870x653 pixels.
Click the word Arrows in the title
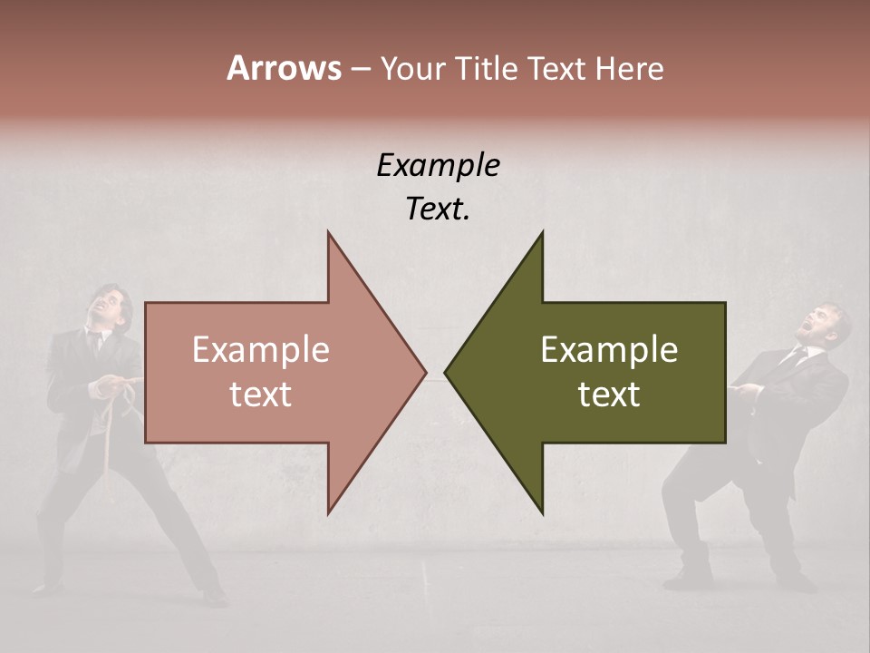click(x=284, y=68)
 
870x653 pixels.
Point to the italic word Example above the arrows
click(x=438, y=165)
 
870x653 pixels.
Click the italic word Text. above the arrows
click(x=438, y=209)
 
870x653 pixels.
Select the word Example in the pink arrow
click(x=261, y=350)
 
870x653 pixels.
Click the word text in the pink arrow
click(x=261, y=395)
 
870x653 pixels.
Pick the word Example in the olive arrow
click(x=609, y=350)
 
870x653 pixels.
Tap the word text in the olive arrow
click(x=609, y=395)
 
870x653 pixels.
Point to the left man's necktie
click(x=95, y=343)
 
